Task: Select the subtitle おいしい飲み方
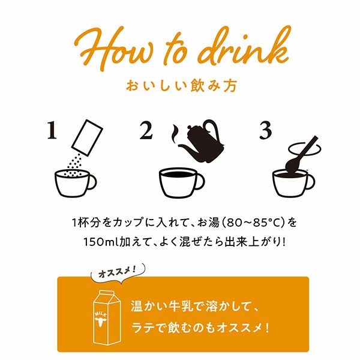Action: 180,85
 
